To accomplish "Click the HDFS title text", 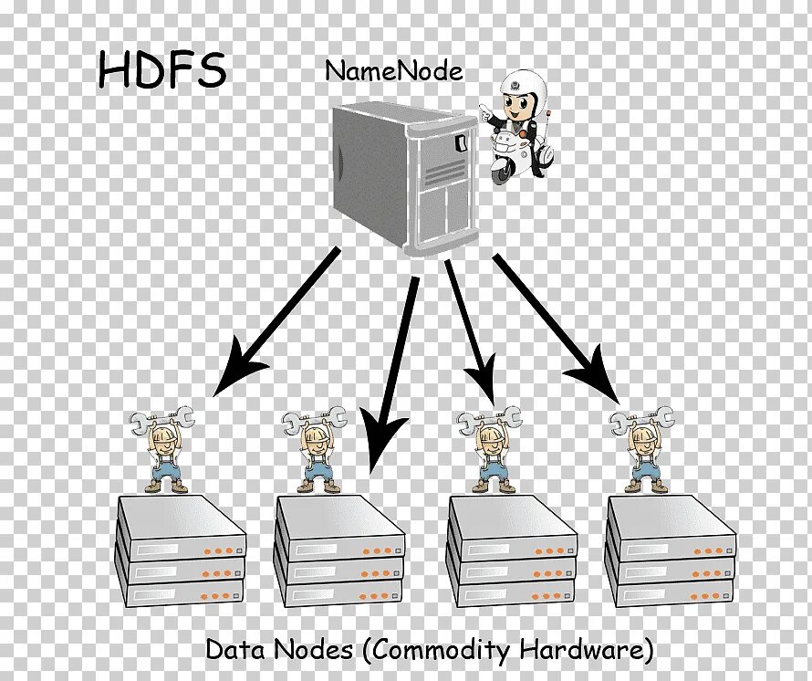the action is (161, 70).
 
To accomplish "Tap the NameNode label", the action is (394, 72).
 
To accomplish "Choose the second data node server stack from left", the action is (339, 553).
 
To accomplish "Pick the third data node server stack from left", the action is (513, 553).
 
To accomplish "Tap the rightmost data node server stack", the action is (671, 553).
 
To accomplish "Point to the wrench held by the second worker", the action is (315, 421).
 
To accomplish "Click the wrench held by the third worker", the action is (489, 421).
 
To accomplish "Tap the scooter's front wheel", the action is (499, 171).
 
